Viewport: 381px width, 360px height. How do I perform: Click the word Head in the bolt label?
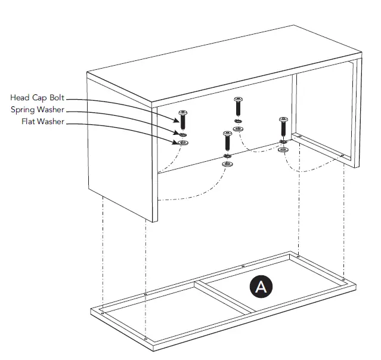(x=20, y=97)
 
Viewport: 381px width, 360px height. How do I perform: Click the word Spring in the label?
(x=23, y=110)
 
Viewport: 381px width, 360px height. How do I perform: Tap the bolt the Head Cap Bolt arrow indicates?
(x=183, y=119)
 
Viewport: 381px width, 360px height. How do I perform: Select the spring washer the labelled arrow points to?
(x=183, y=135)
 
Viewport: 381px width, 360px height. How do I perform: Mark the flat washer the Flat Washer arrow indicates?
(x=183, y=143)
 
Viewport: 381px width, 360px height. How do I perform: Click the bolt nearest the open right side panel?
(x=283, y=128)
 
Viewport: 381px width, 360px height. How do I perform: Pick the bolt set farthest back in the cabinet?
(x=238, y=107)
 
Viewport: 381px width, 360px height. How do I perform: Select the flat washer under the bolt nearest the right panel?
(x=283, y=149)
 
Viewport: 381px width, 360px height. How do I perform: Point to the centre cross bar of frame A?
(x=227, y=296)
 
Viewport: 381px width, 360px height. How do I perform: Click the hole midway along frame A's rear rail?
(x=243, y=266)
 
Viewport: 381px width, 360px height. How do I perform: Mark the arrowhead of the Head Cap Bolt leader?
(x=178, y=113)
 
